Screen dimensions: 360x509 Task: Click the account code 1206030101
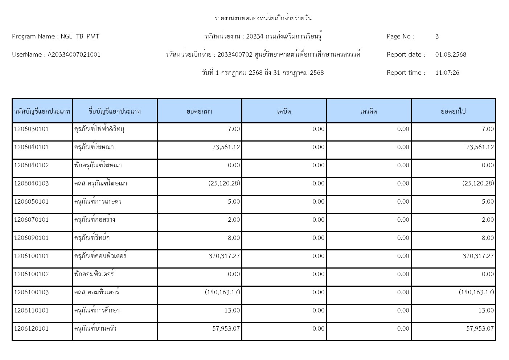31,129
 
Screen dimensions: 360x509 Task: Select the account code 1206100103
31,292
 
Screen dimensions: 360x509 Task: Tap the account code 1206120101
31,328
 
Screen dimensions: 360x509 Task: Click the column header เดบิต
284,111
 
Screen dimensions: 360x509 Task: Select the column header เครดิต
369,111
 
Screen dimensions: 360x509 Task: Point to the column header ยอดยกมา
199,111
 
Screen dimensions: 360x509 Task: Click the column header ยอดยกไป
453,111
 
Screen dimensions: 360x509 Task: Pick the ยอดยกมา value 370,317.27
224,256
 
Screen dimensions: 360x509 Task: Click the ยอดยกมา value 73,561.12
226,147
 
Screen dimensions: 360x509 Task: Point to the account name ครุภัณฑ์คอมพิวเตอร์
100,256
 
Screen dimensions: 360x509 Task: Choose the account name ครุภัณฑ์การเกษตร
98,201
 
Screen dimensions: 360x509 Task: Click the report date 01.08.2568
451,54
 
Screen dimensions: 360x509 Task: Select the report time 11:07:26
447,73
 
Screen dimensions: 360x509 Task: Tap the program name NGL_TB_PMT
80,36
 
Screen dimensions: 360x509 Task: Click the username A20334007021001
74,54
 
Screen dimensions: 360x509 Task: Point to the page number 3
437,36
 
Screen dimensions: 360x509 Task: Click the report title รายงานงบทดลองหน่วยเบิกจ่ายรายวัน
263,18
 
